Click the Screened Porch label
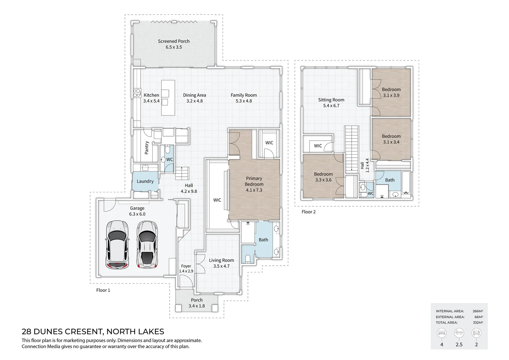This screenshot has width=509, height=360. point(174,41)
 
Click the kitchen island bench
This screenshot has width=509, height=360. point(168,98)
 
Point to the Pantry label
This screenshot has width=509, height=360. point(147,148)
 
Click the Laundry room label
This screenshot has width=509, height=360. point(145,181)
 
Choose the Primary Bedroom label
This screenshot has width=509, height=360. point(254,181)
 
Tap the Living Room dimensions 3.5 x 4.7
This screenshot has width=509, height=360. point(221,266)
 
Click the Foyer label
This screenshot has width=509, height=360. point(186,266)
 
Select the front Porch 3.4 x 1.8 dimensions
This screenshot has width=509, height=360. point(197,306)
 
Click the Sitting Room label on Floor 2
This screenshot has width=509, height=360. point(331,100)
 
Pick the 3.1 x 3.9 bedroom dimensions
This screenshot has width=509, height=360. point(391,95)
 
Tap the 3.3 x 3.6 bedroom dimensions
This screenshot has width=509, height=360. point(323,180)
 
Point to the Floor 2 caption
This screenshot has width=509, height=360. point(308,212)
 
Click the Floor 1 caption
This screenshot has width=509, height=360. point(103,290)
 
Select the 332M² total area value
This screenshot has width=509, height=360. point(478,322)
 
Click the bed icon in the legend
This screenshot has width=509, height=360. point(442,333)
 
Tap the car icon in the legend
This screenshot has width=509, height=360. point(476,333)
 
